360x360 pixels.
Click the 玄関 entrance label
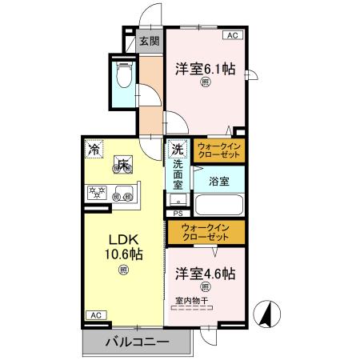click(149, 42)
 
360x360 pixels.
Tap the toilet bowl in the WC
click(124, 76)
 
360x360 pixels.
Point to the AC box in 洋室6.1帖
click(232, 36)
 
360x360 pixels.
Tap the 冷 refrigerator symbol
click(94, 149)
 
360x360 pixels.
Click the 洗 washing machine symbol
click(177, 149)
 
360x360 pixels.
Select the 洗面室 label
click(178, 174)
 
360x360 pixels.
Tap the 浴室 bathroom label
click(219, 181)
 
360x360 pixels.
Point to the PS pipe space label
click(178, 214)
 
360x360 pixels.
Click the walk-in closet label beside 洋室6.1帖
click(217, 151)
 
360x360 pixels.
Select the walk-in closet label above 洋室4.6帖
click(206, 233)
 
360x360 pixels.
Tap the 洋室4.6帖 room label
click(205, 274)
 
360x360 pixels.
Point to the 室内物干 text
click(191, 301)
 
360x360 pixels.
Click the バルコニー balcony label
click(137, 342)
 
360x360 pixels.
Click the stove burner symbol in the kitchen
click(96, 191)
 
